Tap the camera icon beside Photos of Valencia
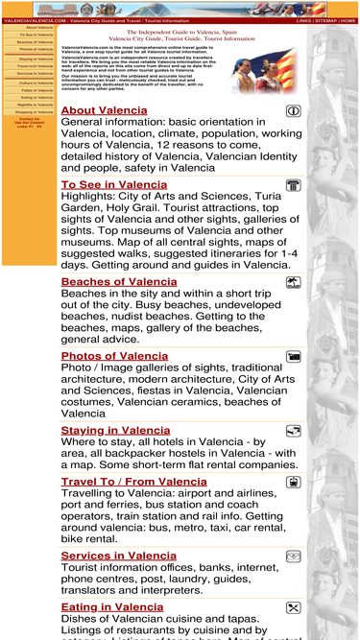click(293, 357)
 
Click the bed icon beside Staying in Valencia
click(293, 431)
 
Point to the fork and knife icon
click(293, 607)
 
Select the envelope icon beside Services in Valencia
click(293, 557)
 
